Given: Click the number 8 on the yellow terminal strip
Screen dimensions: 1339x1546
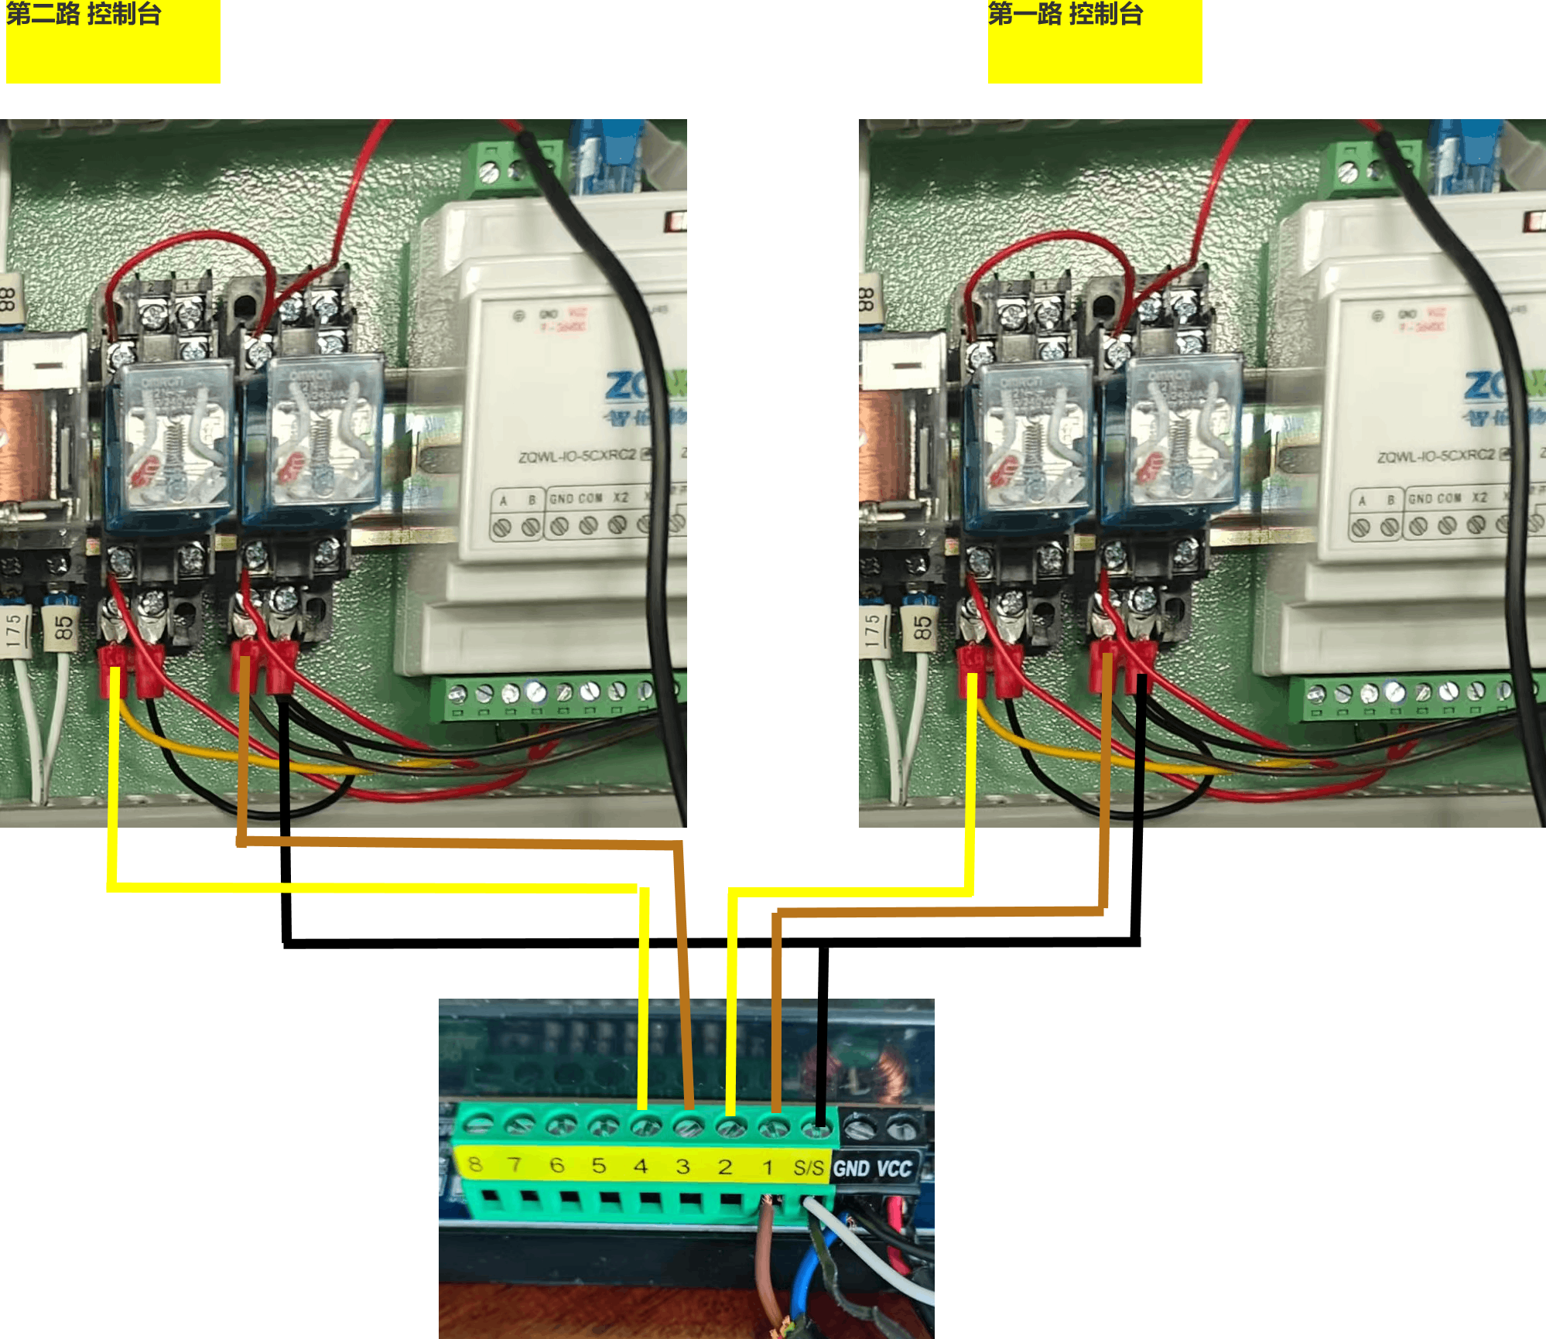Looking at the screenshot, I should click(475, 1163).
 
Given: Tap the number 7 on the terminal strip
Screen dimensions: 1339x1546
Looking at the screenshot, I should click(515, 1163).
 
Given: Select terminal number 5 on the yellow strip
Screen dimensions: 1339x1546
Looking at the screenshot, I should click(599, 1165).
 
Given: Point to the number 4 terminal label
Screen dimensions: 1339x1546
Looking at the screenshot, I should click(641, 1166).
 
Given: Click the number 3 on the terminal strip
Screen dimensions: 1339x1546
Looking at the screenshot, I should click(682, 1167).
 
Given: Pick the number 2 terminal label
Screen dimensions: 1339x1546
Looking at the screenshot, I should click(725, 1167).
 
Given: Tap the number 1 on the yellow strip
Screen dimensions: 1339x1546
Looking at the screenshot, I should click(768, 1167).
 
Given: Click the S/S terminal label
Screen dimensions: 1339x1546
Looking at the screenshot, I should click(809, 1167).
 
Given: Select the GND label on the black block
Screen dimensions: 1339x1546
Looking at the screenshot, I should click(852, 1168).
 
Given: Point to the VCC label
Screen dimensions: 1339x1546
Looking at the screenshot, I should click(894, 1168).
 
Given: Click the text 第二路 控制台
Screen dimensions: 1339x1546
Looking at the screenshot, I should click(84, 14).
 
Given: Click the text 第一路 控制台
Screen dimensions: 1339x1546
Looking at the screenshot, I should click(1065, 14).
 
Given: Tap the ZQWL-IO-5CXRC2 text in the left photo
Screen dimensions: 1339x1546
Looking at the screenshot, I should click(576, 456).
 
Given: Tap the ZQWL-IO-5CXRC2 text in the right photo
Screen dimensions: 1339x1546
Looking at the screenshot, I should click(1435, 456).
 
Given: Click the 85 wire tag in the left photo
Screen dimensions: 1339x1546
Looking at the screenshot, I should click(63, 627).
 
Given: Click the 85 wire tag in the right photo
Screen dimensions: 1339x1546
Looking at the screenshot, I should click(922, 627).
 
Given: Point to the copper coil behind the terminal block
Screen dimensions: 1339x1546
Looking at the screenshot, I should click(890, 1071).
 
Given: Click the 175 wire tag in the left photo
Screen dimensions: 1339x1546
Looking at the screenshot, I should click(14, 630).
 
